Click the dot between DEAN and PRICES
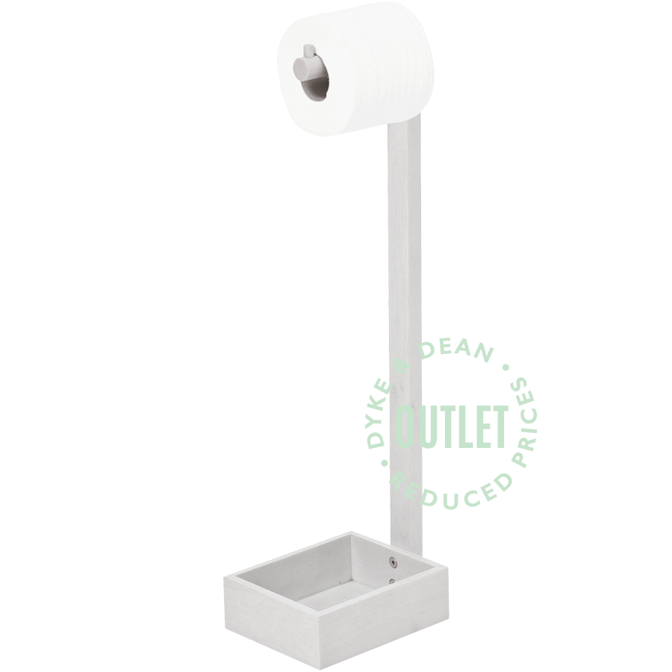point(507,368)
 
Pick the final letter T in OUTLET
point(499,427)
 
